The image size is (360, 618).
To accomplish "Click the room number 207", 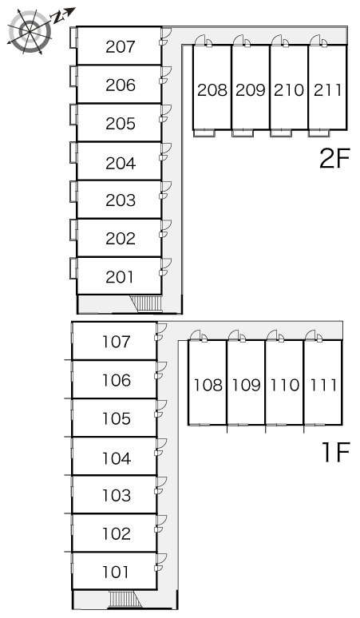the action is pyautogui.click(x=120, y=46).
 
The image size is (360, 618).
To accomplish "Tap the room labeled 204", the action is pyautogui.click(x=120, y=163).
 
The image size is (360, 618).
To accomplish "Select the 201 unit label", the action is pyautogui.click(x=120, y=277).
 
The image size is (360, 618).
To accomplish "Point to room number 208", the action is pyautogui.click(x=212, y=90).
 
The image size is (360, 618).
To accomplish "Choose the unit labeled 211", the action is pyautogui.click(x=327, y=90).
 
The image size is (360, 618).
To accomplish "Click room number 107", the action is pyautogui.click(x=117, y=342).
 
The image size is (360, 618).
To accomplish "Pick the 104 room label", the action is pyautogui.click(x=117, y=458).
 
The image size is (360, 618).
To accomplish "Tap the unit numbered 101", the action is pyautogui.click(x=116, y=572).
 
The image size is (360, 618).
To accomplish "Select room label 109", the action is pyautogui.click(x=246, y=385).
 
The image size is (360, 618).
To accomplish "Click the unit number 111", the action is pyautogui.click(x=323, y=385).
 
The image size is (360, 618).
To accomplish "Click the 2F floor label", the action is pyautogui.click(x=334, y=158).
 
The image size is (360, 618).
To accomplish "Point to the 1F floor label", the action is pyautogui.click(x=336, y=452).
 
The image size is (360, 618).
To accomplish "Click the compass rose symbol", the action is pyautogui.click(x=30, y=31).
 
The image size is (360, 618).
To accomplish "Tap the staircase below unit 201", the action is pyautogui.click(x=146, y=303).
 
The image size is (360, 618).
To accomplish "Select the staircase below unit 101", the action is pyautogui.click(x=125, y=599).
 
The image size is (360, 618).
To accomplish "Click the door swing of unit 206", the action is pyautogui.click(x=166, y=74).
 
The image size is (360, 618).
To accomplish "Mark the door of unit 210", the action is pyautogui.click(x=280, y=41).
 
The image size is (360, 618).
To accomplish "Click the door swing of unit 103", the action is pyautogui.click(x=161, y=485).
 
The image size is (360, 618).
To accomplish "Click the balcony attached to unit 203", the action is pyautogui.click(x=73, y=191).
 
